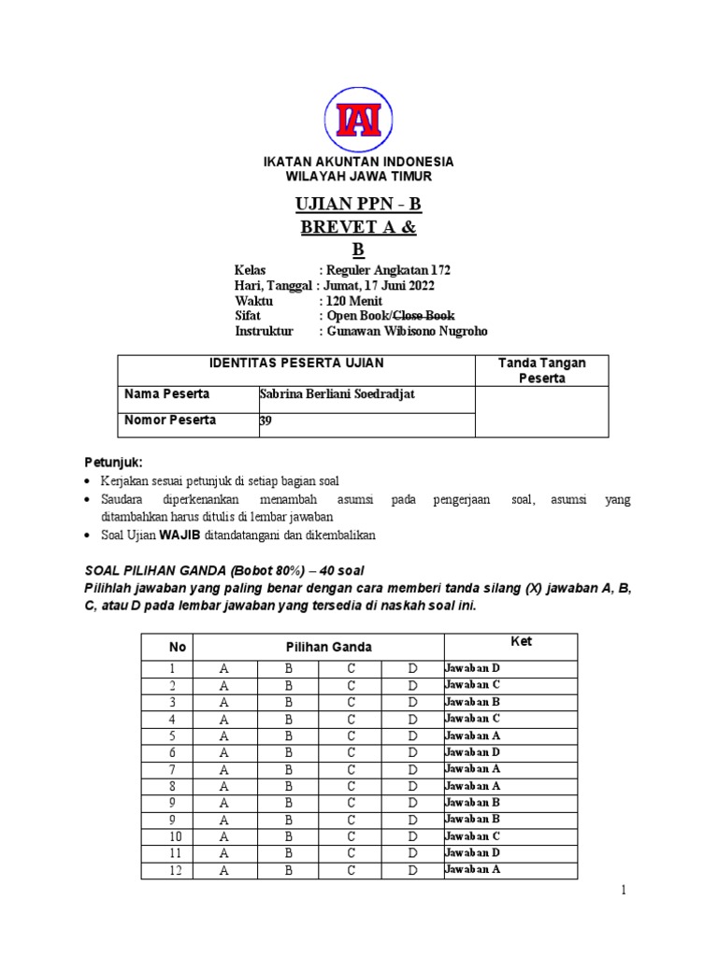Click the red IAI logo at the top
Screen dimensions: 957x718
coord(359,120)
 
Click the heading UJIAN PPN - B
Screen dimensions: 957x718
coord(358,205)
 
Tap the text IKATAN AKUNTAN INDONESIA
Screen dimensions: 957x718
coord(359,162)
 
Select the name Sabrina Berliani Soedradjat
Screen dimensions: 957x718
coord(336,394)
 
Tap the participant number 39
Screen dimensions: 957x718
coord(265,421)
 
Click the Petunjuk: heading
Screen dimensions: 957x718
coord(112,462)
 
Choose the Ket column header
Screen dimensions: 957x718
coord(510,642)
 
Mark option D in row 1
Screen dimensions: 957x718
coord(412,668)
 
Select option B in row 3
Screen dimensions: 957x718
coord(289,702)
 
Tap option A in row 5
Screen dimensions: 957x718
coord(223,736)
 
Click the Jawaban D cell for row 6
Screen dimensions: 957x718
coord(472,751)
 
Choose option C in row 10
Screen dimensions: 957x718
coord(351,836)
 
